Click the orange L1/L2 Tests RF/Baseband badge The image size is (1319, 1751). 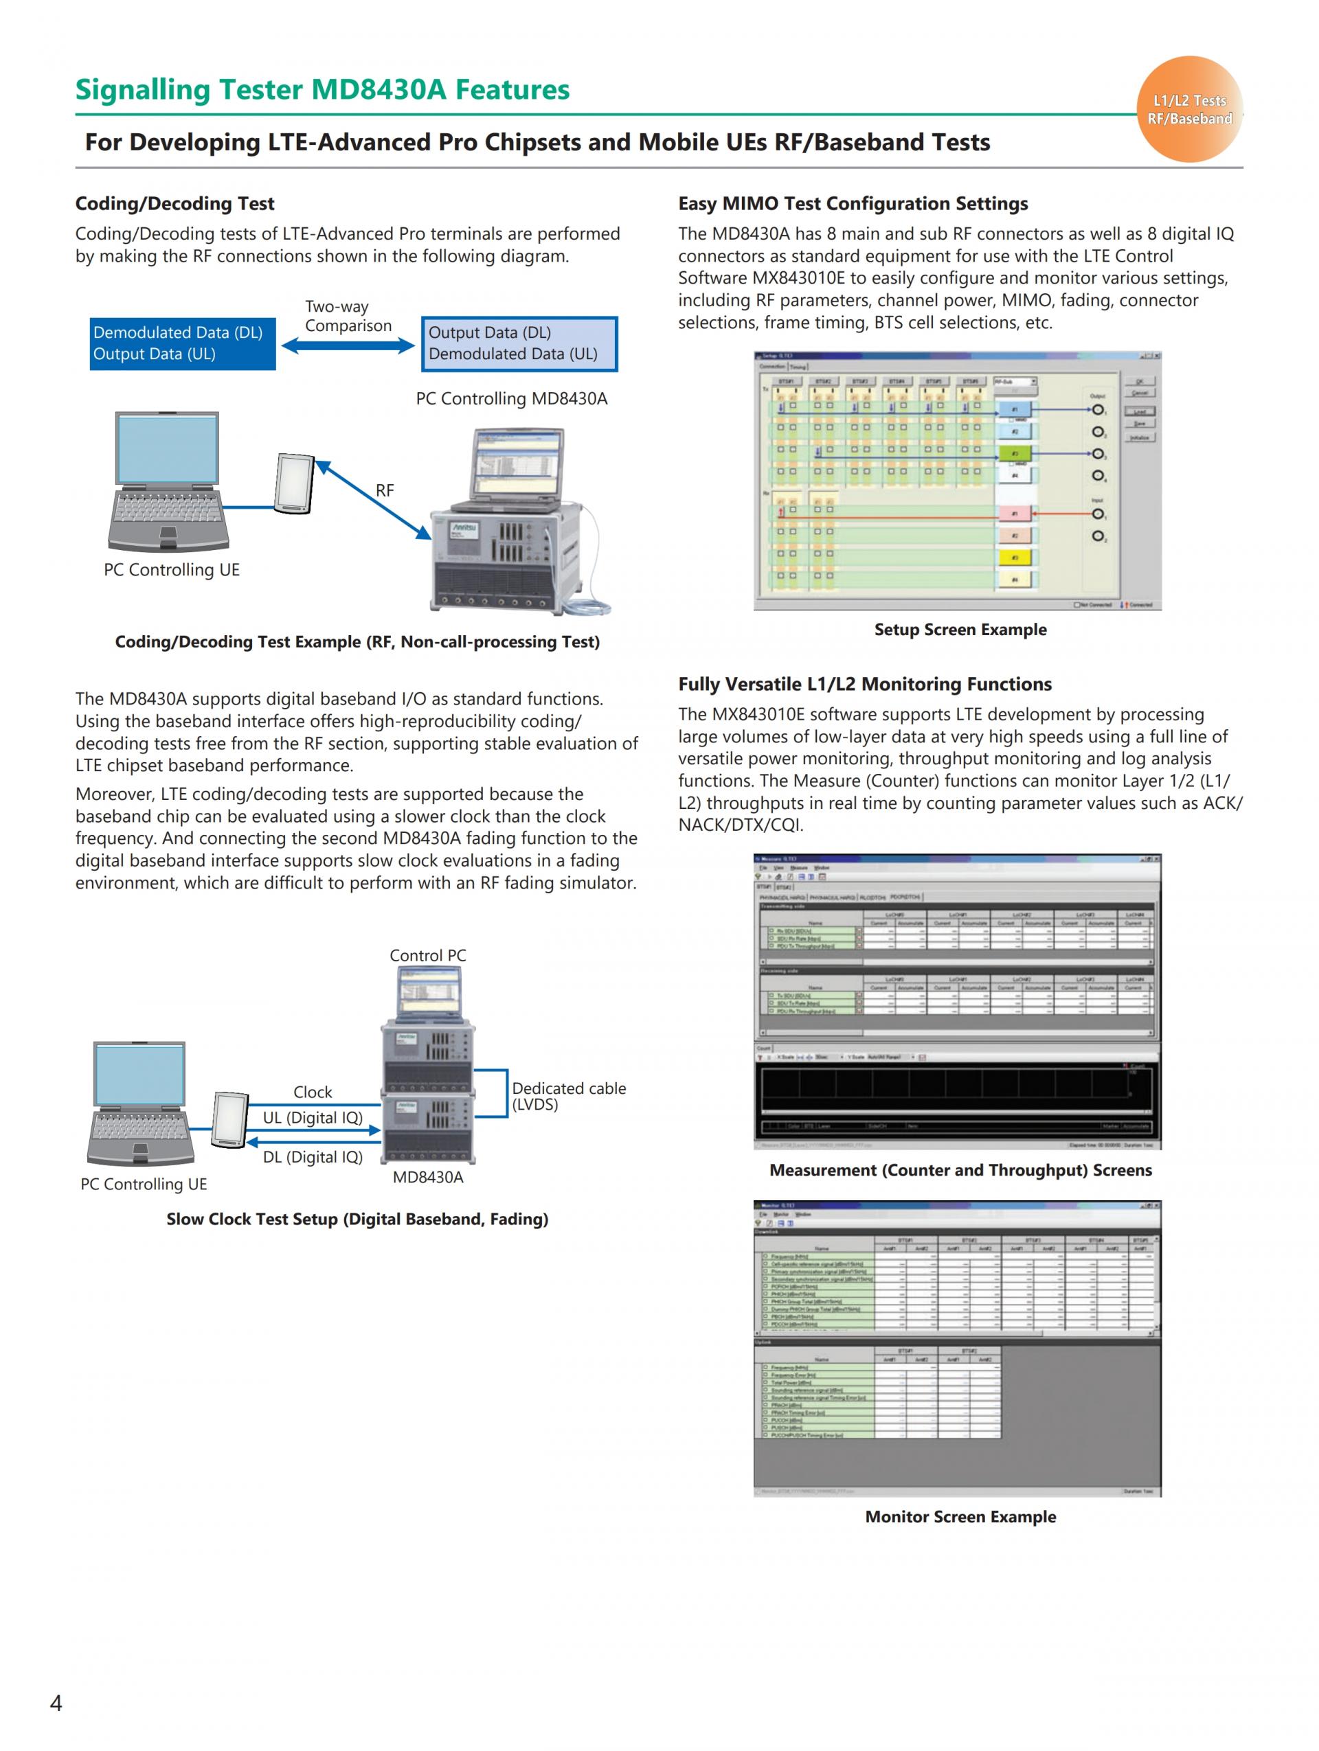pos(1188,109)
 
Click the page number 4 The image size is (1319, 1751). pos(56,1702)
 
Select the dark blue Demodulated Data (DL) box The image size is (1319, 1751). pos(182,343)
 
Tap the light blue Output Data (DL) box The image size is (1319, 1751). pos(519,343)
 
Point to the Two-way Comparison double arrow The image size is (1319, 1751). pos(348,345)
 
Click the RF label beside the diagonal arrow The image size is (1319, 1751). pos(385,491)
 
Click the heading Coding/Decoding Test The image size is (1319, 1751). pos(174,203)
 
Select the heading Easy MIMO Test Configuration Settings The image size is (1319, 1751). pos(853,203)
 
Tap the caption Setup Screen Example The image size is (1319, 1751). pos(960,629)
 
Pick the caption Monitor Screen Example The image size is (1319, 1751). pos(960,1517)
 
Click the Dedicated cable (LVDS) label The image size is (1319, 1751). pos(568,1097)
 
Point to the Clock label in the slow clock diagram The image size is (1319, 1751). pos(313,1092)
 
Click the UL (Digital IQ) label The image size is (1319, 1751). pos(313,1118)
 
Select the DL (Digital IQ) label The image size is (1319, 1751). pos(313,1157)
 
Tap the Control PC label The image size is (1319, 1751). pos(427,955)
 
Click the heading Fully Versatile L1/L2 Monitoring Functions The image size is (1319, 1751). pos(864,684)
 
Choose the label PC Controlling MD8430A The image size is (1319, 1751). pos(511,399)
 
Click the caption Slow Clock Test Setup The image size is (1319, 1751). pos(357,1219)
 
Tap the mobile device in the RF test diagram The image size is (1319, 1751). pos(295,483)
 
